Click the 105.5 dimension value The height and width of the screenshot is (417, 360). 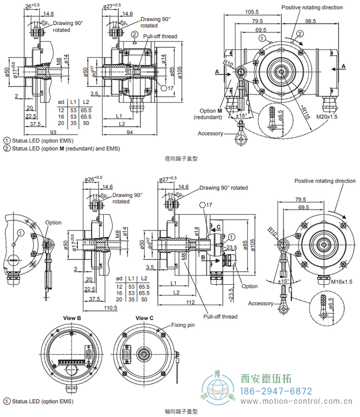(251, 11)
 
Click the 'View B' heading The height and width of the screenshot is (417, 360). (72, 318)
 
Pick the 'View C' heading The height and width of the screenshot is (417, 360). (144, 318)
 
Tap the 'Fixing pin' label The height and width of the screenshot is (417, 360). (183, 326)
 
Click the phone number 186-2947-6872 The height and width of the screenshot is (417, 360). (277, 391)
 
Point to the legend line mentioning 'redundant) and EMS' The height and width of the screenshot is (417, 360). (61, 148)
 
